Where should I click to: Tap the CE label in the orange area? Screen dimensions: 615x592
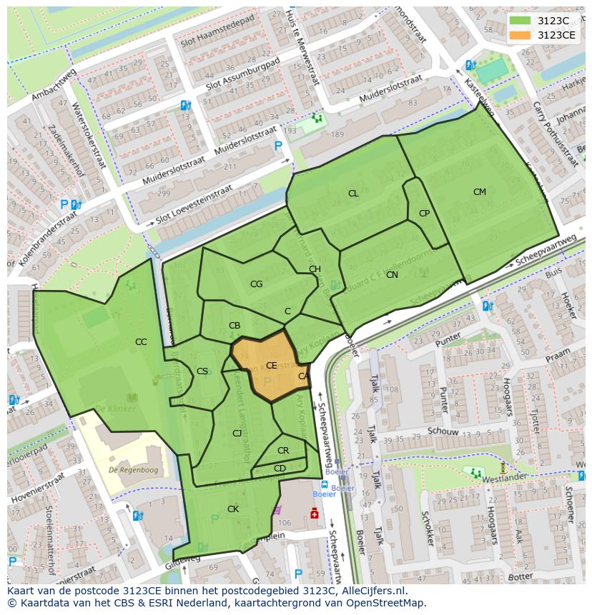[272, 365]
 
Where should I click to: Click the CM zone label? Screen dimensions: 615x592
[479, 191]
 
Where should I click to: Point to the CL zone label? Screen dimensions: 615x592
[353, 194]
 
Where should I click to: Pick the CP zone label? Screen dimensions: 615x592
[424, 213]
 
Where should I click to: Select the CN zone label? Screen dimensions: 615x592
[392, 274]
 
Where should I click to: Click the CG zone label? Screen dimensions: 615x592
[256, 284]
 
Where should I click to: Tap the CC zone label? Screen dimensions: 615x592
[141, 342]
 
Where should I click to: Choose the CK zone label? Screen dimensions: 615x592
[233, 509]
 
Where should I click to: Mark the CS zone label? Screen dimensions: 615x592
[202, 371]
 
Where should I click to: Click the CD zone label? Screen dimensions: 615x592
[280, 469]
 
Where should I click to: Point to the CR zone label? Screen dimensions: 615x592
[283, 451]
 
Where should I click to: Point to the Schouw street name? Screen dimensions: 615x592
[443, 431]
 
